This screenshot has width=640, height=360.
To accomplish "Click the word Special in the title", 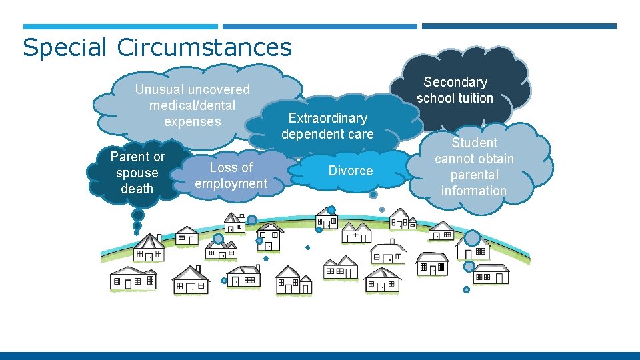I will (65, 48).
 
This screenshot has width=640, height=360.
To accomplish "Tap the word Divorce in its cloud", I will (351, 171).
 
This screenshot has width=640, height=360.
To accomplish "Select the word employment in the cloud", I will (231, 183).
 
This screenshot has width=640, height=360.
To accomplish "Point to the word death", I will (137, 189).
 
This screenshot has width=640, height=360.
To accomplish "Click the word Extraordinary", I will (327, 118).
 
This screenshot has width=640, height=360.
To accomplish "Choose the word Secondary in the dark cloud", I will (455, 82).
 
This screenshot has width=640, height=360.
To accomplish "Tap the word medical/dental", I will (192, 105).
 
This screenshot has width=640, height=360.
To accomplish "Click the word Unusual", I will (158, 89).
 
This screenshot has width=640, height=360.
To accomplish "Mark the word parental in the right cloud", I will (474, 175).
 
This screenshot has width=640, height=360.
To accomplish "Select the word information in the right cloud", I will (474, 191).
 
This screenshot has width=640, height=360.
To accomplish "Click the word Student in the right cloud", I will (474, 143).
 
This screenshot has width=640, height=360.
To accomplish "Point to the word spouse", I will (137, 173).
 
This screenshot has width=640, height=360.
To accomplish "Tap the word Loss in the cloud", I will (223, 167).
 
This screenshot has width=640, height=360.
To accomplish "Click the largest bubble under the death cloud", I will (138, 215).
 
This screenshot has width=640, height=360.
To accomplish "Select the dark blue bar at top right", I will (519, 27).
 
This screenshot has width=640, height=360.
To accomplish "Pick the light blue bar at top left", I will (121, 27).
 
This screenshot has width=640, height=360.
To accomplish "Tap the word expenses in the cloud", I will (192, 121).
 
